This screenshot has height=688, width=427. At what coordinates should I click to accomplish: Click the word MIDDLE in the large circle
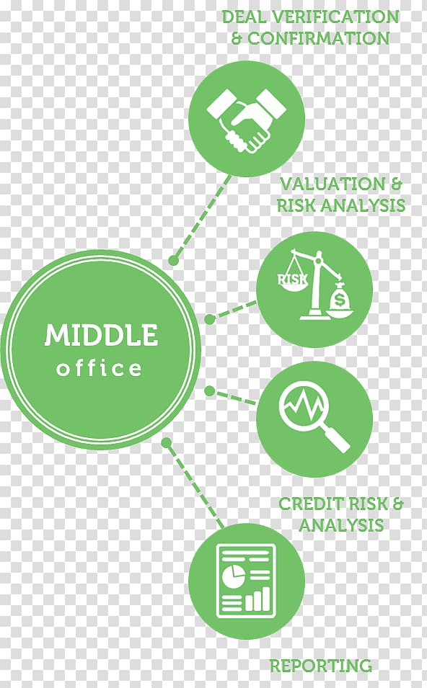pos(100,335)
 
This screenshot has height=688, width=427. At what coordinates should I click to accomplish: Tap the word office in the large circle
pos(100,367)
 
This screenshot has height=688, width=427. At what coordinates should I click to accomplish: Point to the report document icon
pos(247,579)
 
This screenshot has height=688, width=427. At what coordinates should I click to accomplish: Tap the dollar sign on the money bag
pos(339,300)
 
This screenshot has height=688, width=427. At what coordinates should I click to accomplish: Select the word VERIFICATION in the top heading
pos(335,17)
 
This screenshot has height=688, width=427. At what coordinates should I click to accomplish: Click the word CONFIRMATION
pos(319,38)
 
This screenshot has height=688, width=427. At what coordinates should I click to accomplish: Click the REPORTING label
pos(320,665)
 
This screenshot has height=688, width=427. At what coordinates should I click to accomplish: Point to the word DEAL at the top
pos(244,17)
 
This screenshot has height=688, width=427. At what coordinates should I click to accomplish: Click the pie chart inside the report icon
pos(233,575)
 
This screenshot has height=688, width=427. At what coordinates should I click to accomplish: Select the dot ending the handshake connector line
pos(174,260)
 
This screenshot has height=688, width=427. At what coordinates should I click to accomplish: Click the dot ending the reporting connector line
pos(166,443)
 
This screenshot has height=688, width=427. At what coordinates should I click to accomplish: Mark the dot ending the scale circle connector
pos(210,319)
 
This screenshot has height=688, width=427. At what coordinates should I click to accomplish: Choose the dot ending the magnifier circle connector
pos(210,390)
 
